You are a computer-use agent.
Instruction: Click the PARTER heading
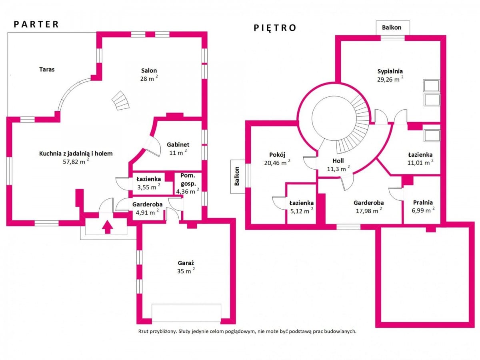tap(36, 24)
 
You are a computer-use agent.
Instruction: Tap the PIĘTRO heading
tap(275, 28)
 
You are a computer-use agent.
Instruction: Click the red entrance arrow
tap(107, 227)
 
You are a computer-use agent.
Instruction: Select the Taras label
tap(47, 70)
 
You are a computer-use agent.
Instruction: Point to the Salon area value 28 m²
tap(149, 78)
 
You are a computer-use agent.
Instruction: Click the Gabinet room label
tap(178, 144)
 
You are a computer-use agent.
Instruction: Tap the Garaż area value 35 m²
tap(186, 271)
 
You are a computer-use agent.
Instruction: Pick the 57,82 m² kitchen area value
tap(76, 161)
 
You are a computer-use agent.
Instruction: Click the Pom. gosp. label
tap(188, 180)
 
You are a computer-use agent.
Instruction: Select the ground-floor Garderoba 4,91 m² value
tap(147, 212)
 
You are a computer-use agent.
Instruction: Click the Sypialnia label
tap(390, 72)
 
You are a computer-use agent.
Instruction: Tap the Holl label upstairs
tap(338, 161)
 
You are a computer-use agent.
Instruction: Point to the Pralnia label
tap(423, 202)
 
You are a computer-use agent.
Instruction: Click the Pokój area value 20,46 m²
tap(277, 163)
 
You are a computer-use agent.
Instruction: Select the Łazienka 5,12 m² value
tap(302, 211)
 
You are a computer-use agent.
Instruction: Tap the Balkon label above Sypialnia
tap(392, 28)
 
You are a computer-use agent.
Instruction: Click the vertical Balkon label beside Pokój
tap(237, 176)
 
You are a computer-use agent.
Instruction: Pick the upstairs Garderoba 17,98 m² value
tap(369, 211)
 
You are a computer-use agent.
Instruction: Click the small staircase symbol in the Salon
tap(120, 101)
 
